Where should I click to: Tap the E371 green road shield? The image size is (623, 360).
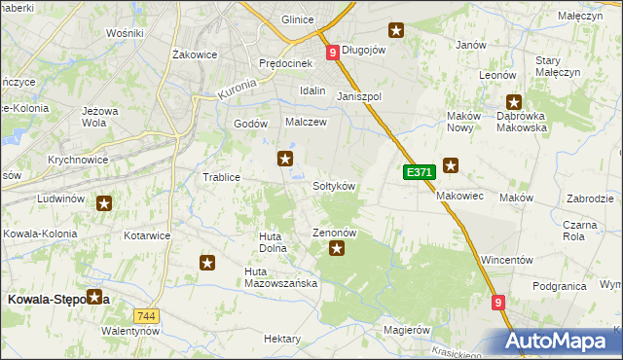point(418,172)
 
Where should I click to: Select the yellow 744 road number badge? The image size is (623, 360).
point(147,316)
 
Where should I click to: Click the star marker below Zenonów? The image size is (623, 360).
point(338,249)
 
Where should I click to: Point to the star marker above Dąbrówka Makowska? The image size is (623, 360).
point(514,101)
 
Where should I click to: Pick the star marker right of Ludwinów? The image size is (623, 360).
point(104,203)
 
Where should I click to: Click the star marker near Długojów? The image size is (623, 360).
point(395,30)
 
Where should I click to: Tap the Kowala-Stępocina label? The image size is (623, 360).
point(57,301)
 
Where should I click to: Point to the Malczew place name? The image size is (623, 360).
point(305,123)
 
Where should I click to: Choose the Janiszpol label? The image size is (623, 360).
point(358,97)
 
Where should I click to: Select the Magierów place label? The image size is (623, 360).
point(407,330)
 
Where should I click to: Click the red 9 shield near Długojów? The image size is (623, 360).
point(333,53)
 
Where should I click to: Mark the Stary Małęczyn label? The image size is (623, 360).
point(558,66)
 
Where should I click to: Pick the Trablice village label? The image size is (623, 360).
point(221,177)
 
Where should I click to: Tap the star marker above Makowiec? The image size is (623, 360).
point(450,165)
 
